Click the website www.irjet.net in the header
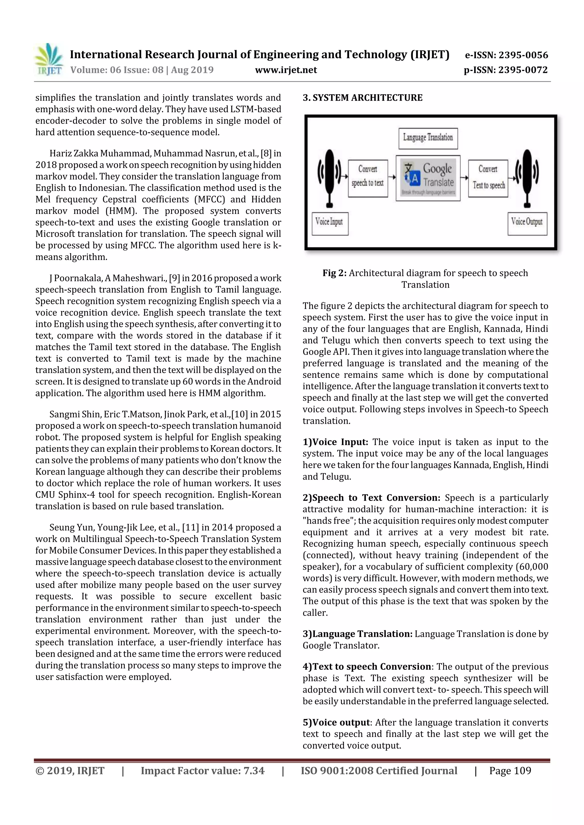(286, 70)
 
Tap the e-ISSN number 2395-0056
(523, 55)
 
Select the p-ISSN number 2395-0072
(523, 70)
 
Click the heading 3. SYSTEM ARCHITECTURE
(362, 98)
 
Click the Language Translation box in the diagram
(428, 138)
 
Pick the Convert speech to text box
(368, 178)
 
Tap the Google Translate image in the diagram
(428, 178)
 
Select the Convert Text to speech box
(488, 178)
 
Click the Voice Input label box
(330, 223)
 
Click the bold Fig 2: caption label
(334, 273)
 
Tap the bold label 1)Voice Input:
(335, 442)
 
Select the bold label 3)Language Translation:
(357, 634)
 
